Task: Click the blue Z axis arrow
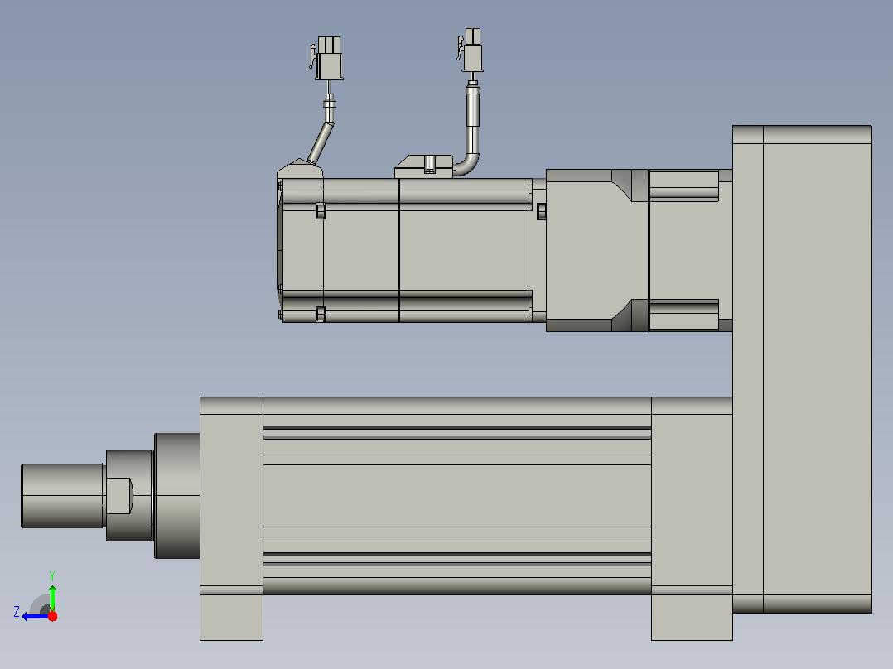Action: point(36,616)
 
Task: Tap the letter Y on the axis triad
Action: point(52,575)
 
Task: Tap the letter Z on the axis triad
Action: point(17,612)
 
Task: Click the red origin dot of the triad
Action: point(52,616)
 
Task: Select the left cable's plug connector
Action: point(327,58)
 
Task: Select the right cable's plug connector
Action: point(471,51)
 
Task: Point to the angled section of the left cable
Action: point(321,142)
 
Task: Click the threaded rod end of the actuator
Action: point(63,495)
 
